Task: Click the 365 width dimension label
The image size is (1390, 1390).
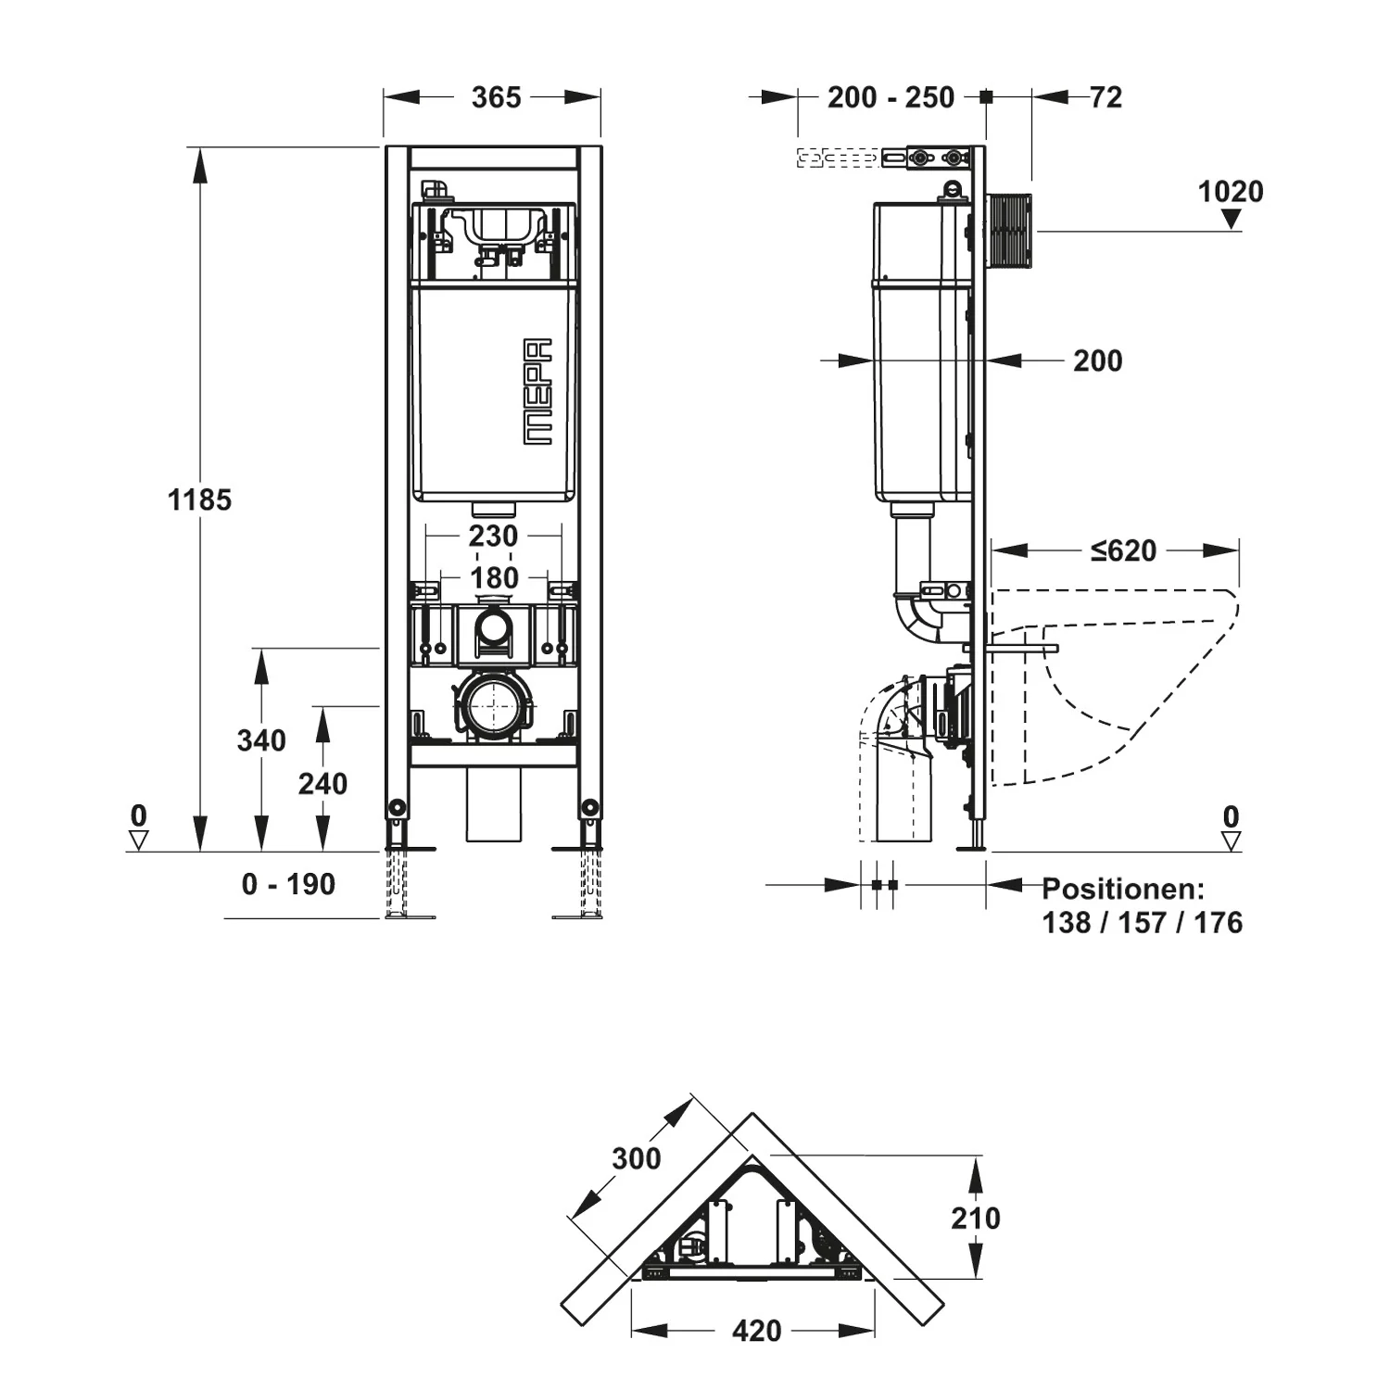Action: click(496, 97)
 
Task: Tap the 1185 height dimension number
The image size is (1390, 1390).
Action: click(199, 500)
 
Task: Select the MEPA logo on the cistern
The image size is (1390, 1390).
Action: click(537, 391)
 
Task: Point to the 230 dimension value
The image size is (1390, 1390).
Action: click(493, 536)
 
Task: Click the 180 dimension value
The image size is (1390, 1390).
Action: click(494, 577)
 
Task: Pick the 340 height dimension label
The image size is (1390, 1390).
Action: click(261, 740)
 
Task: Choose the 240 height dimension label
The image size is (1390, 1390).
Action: click(322, 784)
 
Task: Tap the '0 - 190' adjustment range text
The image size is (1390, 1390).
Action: click(288, 884)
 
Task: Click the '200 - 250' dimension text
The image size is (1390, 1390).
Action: click(891, 97)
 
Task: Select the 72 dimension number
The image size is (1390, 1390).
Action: click(1106, 97)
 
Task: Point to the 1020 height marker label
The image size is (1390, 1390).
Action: click(1231, 192)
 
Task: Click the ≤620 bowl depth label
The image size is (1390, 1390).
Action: click(1124, 550)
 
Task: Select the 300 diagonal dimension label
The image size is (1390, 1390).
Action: click(637, 1158)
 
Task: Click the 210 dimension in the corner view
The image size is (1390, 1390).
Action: click(976, 1218)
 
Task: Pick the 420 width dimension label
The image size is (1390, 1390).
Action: click(757, 1332)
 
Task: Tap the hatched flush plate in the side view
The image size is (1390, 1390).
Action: click(1011, 231)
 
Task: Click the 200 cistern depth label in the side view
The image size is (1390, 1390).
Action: click(1098, 360)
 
